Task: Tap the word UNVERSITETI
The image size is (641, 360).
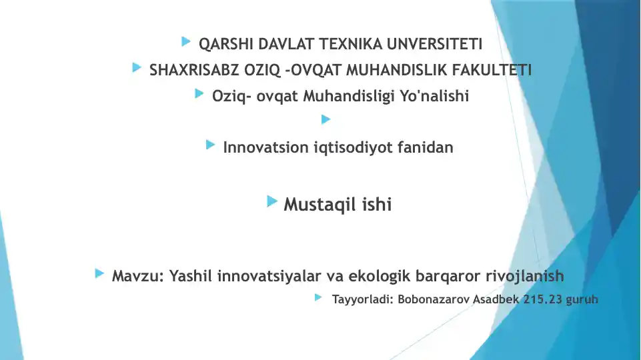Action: pyautogui.click(x=434, y=44)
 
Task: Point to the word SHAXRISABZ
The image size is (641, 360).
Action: pyautogui.click(x=194, y=70)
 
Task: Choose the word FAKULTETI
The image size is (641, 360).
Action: pyautogui.click(x=492, y=70)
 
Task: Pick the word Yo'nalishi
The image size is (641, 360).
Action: pyautogui.click(x=434, y=96)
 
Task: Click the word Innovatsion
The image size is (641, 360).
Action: pyautogui.click(x=265, y=147)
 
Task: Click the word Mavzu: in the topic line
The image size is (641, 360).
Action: pyautogui.click(x=138, y=276)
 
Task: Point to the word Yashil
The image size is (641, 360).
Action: pyautogui.click(x=191, y=276)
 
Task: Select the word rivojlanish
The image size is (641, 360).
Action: pyautogui.click(x=525, y=276)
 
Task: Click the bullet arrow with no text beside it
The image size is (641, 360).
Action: pyautogui.click(x=326, y=119)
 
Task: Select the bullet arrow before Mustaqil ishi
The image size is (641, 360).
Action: pyautogui.click(x=272, y=201)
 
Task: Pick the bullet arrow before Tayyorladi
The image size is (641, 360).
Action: pyautogui.click(x=318, y=297)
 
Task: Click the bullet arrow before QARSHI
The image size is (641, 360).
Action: pyautogui.click(x=186, y=41)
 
